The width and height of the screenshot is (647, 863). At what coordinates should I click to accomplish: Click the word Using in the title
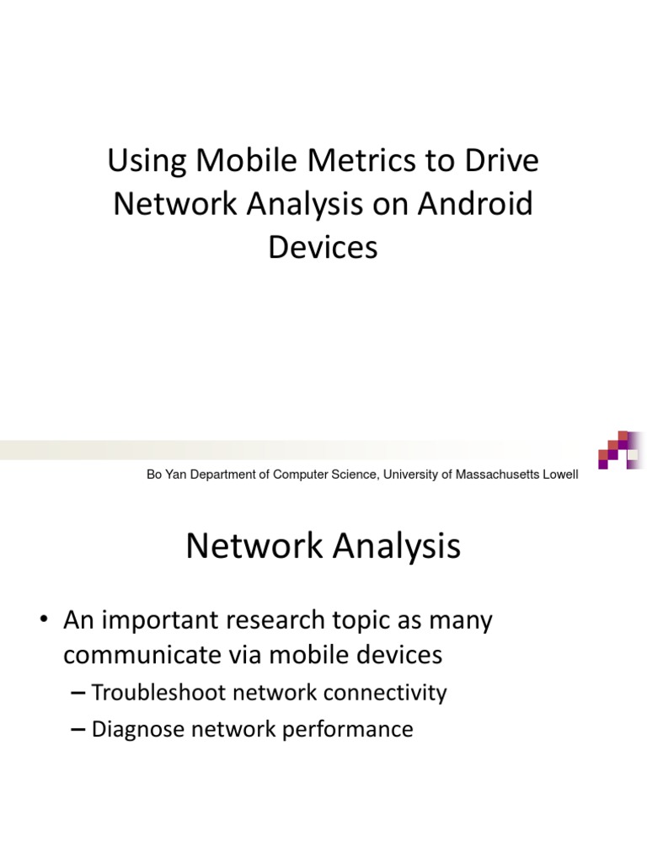pyautogui.click(x=144, y=162)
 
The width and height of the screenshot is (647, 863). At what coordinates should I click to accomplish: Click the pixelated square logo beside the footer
pyautogui.click(x=618, y=450)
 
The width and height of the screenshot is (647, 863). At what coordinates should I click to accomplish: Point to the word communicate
pyautogui.click(x=141, y=656)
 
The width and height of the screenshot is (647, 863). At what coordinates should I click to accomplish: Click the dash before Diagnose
pyautogui.click(x=78, y=730)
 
